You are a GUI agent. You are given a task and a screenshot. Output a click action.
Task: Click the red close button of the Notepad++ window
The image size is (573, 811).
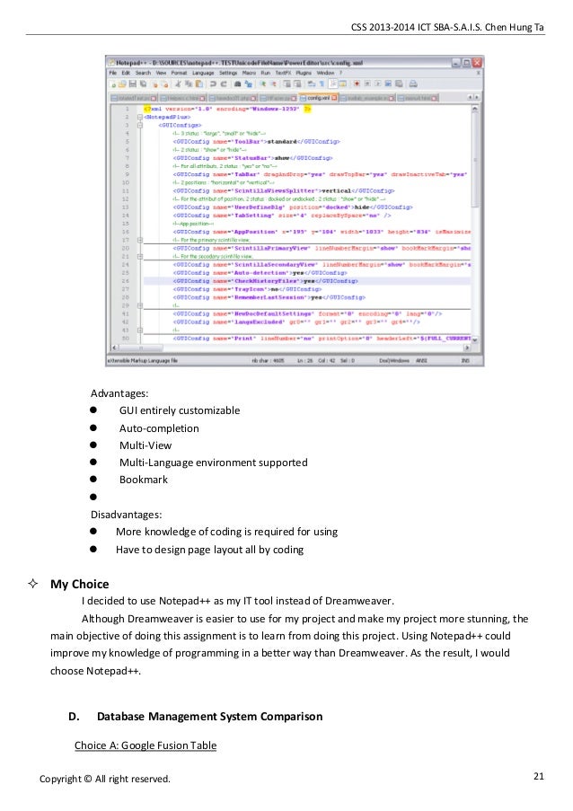coord(477,61)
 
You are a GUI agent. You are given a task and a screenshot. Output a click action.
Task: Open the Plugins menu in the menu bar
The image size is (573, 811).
coord(302,72)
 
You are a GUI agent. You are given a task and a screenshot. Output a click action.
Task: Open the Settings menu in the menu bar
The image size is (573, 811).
coord(227,72)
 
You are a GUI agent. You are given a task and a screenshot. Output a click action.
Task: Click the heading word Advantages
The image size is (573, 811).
coord(120,393)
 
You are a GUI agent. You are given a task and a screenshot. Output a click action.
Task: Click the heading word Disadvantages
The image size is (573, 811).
coord(127,515)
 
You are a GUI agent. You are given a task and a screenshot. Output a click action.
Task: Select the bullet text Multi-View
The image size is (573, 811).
coord(145,445)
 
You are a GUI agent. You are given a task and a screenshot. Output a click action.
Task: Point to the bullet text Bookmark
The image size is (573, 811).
coord(144,480)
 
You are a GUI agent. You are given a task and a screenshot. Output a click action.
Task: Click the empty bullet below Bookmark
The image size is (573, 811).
coord(93,498)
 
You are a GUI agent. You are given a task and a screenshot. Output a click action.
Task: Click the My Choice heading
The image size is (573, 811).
coord(81,584)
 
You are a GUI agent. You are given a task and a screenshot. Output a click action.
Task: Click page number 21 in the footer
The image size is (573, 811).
coord(539,775)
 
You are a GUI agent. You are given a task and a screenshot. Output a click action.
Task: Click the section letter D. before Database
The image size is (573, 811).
coord(75,717)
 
